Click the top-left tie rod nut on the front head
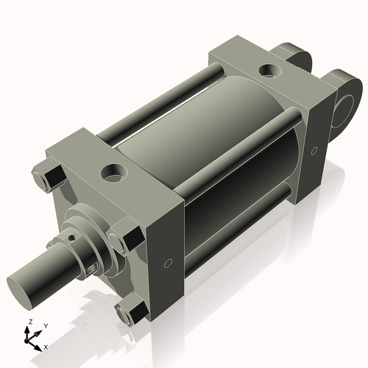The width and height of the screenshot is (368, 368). click(45, 180)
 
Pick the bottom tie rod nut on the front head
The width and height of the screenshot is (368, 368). click(130, 315)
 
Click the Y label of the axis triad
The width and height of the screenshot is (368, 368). click(45, 325)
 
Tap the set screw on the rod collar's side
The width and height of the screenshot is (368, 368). click(91, 268)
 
